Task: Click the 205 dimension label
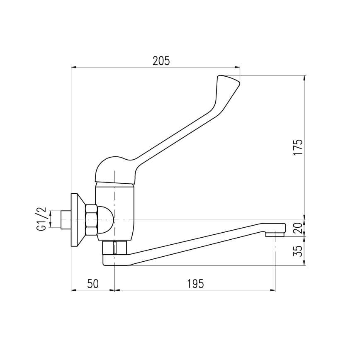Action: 161,61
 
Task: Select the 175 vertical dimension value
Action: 298,147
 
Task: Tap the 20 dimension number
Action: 298,228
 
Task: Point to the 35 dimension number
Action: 298,251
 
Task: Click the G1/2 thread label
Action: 42,219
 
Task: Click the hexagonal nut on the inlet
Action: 91,219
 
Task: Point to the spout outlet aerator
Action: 275,235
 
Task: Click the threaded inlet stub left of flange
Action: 66,219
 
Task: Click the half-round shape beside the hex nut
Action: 106,219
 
